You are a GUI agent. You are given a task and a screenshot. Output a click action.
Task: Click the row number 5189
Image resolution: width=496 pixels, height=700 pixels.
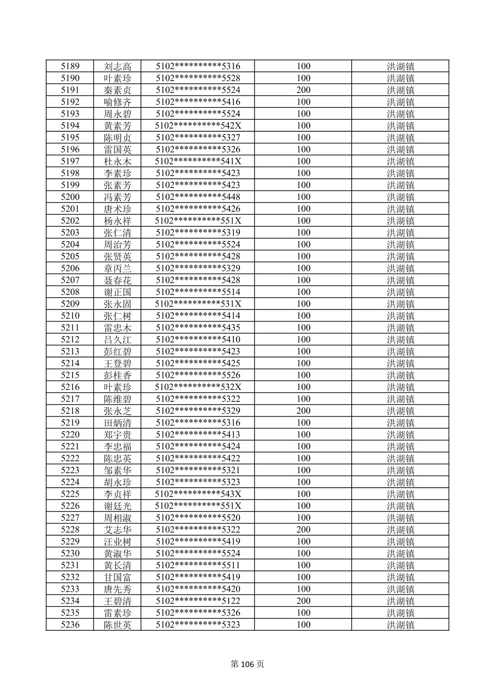point(70,66)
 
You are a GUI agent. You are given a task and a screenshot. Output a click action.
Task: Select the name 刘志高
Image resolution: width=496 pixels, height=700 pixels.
point(117,66)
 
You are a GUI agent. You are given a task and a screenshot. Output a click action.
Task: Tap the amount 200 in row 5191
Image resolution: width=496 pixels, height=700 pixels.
point(303,90)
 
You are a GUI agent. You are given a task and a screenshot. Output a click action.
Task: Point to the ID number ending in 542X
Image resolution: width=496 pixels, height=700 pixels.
point(198,126)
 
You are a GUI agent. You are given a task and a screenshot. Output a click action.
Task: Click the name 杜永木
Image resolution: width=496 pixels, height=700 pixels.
point(117,161)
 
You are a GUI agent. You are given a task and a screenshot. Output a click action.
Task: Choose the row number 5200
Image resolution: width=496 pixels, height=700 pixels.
point(70,197)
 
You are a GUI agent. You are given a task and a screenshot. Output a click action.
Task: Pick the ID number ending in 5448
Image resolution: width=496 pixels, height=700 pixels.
point(198,197)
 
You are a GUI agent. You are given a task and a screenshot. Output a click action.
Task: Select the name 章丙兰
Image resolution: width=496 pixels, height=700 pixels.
point(117,268)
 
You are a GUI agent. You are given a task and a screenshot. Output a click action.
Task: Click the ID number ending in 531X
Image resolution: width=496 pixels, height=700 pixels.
point(198,304)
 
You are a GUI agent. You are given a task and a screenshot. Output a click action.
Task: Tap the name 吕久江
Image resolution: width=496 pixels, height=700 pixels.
point(117,340)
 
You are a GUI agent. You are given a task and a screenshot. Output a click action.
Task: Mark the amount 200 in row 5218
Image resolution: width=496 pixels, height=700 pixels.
point(303,411)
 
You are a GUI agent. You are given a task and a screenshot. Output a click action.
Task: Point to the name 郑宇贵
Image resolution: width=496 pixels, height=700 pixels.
point(117,435)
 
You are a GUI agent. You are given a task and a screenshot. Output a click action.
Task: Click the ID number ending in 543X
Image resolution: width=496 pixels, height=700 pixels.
point(198,494)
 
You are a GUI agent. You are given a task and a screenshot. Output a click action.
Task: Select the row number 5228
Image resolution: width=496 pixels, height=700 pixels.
point(70,529)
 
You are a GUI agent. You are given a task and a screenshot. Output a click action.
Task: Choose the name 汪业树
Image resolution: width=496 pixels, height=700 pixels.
point(117,541)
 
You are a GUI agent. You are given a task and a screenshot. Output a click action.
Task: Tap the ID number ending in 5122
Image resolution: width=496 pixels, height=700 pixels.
point(198,601)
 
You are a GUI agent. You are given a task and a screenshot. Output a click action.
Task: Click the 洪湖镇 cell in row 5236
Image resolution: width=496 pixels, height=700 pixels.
point(400,625)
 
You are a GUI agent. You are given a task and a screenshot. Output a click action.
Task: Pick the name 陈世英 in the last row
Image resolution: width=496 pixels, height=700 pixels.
point(117,625)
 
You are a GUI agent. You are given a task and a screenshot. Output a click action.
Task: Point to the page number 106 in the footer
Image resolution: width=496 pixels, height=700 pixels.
point(248,664)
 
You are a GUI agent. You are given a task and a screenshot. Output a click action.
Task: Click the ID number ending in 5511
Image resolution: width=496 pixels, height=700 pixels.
point(198,565)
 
